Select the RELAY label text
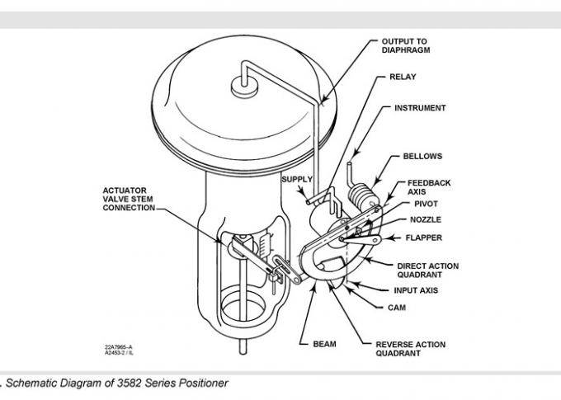(x=403, y=78)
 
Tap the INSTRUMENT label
(x=420, y=108)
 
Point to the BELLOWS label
(x=422, y=156)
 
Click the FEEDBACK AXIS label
(x=428, y=186)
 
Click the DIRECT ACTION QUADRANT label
(x=427, y=271)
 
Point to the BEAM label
(x=323, y=343)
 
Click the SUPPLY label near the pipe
(x=297, y=179)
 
